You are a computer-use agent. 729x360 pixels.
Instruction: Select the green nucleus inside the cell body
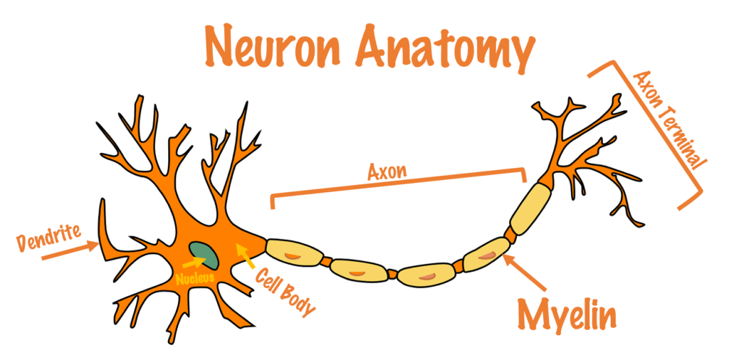coord(205,253)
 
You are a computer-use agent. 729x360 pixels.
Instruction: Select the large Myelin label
coord(567,314)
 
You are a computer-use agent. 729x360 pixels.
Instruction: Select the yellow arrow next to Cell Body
coord(246,255)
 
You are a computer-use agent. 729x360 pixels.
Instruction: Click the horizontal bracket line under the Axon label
coord(399,181)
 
